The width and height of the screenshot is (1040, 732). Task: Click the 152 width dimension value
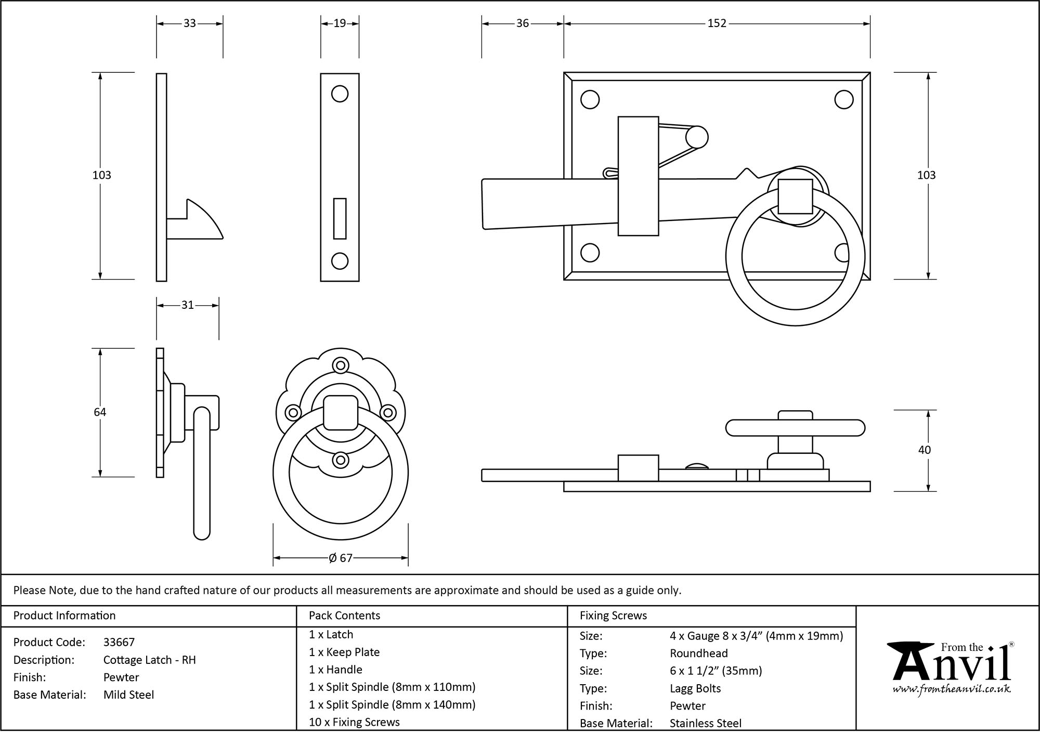point(716,23)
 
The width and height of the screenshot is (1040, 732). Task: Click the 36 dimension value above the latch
point(522,23)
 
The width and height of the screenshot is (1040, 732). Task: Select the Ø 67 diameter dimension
point(341,558)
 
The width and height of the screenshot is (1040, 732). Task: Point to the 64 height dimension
point(100,412)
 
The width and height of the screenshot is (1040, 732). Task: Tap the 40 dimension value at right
point(924,450)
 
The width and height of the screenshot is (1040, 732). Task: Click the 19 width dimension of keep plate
point(340,23)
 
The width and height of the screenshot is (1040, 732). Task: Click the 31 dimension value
point(187,305)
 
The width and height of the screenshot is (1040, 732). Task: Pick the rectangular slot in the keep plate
point(340,218)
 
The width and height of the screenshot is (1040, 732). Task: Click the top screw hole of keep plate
point(340,94)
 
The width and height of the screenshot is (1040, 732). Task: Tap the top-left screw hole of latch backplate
point(590,100)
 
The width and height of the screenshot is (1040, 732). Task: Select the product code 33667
point(119,642)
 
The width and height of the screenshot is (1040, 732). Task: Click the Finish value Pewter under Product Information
point(121,677)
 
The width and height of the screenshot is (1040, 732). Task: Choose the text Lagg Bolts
point(695,688)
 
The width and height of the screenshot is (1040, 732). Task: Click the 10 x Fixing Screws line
point(354,722)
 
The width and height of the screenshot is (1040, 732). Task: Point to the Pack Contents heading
point(344,616)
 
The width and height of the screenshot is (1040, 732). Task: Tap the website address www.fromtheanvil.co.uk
point(952,689)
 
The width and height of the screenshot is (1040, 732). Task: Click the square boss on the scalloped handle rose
point(341,412)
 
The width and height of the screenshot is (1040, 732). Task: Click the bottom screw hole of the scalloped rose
point(341,460)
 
